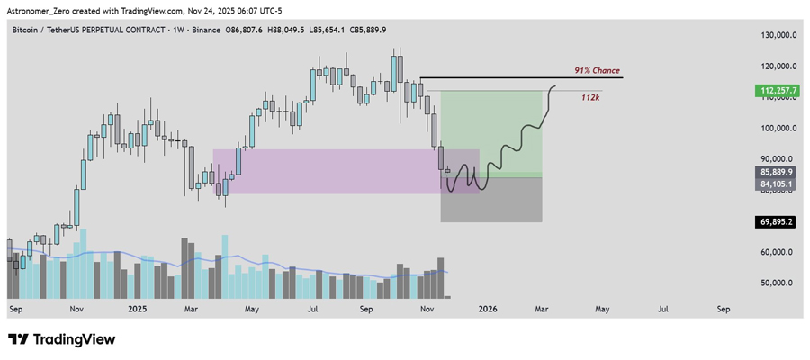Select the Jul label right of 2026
[662, 309]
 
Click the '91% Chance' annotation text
[597, 70]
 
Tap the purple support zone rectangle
[324, 171]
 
